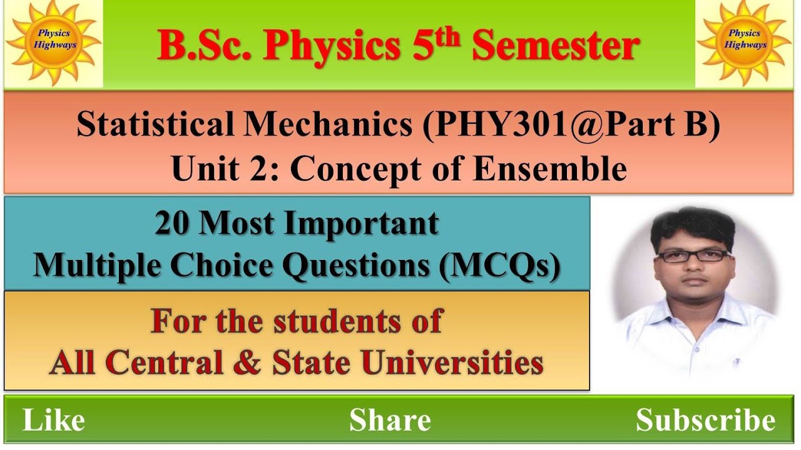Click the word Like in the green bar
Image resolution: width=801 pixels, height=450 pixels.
(x=54, y=420)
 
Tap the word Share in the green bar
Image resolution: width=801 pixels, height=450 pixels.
(x=390, y=420)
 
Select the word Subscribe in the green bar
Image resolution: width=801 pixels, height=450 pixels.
(x=705, y=420)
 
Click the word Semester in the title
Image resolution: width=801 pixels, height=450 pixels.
(x=555, y=46)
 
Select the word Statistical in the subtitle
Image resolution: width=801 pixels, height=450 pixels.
(x=156, y=125)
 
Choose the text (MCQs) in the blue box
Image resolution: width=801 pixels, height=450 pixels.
(x=498, y=266)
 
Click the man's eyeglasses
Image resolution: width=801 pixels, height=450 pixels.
(x=693, y=256)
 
